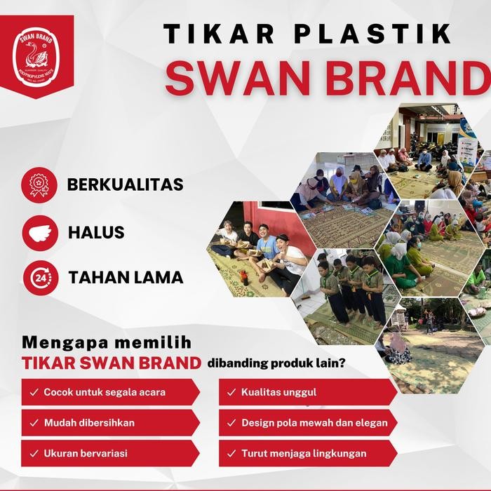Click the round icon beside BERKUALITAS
[40, 185]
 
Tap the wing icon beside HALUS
[40, 232]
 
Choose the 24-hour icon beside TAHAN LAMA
[40, 278]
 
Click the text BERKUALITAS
[125, 185]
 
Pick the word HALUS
[96, 232]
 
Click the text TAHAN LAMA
[126, 278]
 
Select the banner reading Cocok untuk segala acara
[105, 392]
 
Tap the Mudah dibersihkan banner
[105, 423]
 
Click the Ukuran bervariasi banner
[105, 453]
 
